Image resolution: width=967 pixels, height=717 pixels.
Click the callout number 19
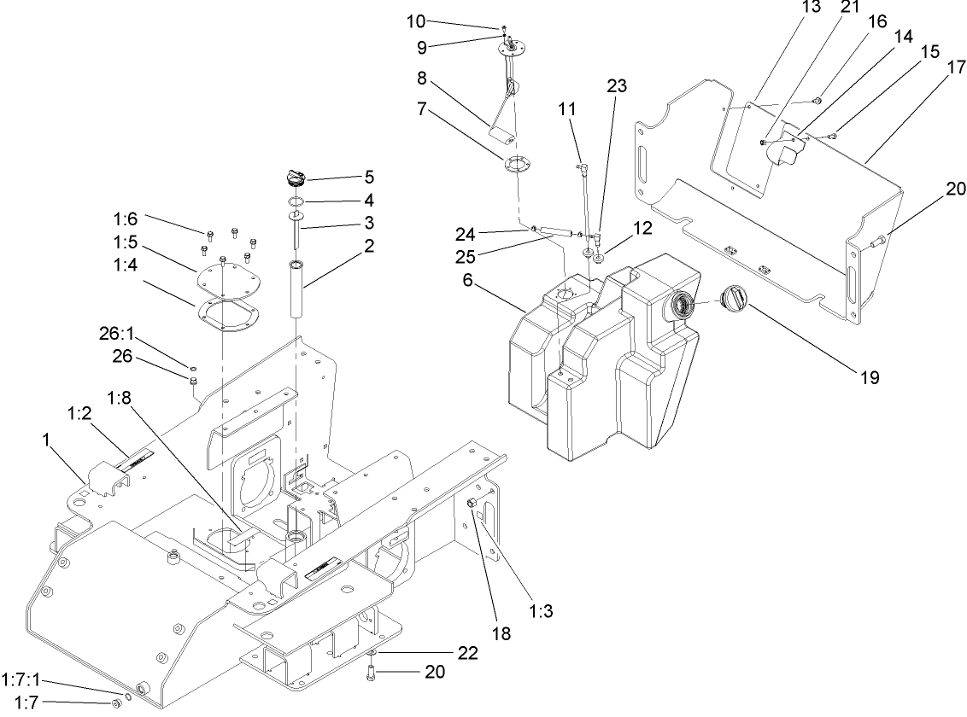tap(870, 377)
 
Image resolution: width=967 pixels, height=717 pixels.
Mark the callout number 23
tap(616, 85)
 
